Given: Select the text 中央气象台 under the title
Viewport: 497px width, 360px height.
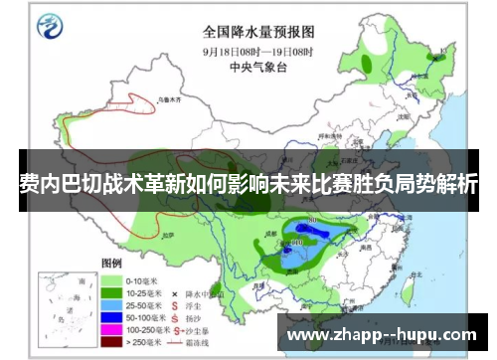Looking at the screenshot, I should tap(261, 68).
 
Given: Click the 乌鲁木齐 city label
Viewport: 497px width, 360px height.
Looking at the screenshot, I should tap(146, 100).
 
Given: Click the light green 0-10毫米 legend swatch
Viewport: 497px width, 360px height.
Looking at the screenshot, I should tap(109, 281).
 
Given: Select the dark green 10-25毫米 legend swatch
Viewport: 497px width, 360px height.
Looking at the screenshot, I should tap(109, 295).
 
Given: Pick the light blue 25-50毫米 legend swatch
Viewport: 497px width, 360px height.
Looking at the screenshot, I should tap(109, 308).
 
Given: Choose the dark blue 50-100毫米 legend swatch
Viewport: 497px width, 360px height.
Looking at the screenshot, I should tap(109, 320).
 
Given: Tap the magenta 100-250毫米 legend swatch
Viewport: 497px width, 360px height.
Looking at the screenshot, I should tap(109, 331).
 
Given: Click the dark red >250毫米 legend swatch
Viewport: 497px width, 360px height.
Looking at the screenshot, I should tap(109, 343).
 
